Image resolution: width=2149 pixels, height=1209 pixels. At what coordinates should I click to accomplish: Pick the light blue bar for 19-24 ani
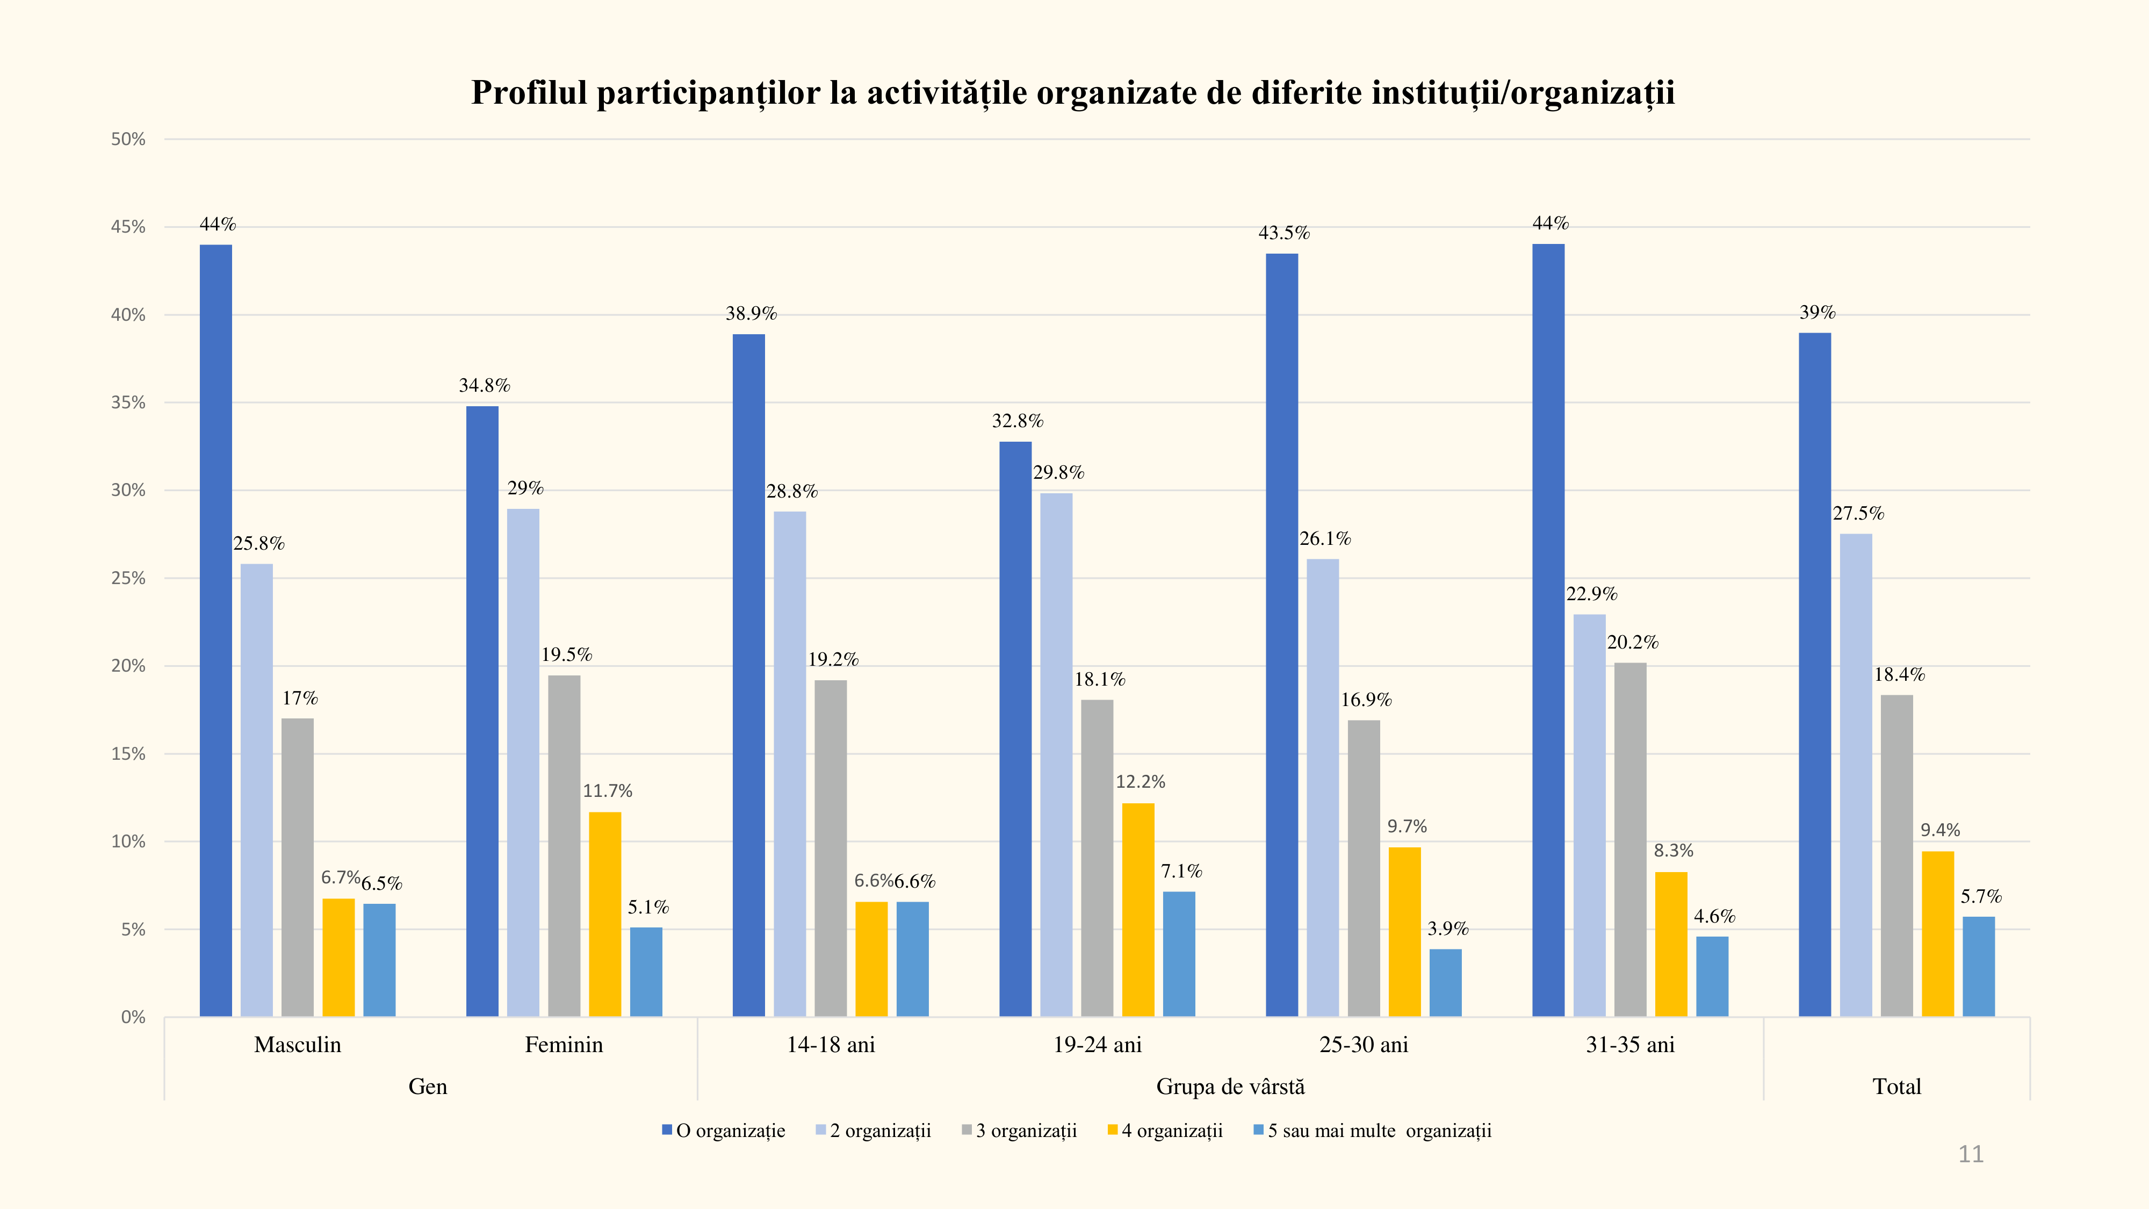1056,754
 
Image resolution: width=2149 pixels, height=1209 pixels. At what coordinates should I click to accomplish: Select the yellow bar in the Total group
1937,934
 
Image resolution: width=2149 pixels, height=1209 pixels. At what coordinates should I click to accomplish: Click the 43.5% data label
1284,233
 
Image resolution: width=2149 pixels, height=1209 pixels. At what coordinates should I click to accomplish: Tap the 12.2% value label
1141,782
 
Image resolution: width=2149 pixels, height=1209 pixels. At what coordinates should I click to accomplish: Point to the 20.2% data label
1633,643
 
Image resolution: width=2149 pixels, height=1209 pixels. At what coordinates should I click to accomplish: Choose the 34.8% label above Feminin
484,385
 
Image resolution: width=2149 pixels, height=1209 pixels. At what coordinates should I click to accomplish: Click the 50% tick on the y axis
128,139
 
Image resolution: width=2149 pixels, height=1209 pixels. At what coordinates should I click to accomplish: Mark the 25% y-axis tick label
128,578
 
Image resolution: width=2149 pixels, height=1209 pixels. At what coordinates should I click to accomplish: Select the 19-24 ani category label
1097,1045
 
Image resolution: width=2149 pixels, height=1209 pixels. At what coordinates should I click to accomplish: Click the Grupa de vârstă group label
1230,1086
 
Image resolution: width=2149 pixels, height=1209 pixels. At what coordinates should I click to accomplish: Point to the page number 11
1971,1154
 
